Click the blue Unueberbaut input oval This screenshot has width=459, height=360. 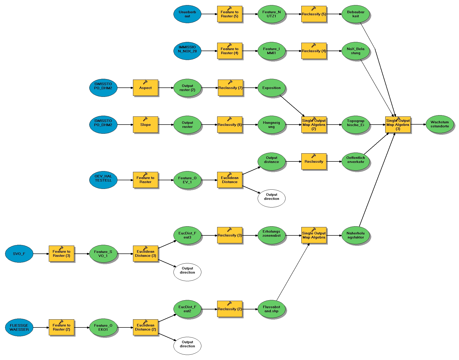coord(187,14)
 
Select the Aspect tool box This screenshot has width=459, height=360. coord(145,88)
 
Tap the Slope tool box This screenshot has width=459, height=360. coord(145,125)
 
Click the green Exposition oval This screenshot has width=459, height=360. coord(271,88)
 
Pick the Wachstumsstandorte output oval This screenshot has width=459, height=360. coord(440,124)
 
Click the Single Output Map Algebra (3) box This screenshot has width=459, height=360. coord(398,125)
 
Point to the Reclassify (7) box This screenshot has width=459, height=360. coord(230,88)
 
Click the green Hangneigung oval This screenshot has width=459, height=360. coord(271,125)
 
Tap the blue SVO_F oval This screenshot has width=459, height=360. coord(19,253)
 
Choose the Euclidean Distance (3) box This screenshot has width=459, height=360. coord(145,253)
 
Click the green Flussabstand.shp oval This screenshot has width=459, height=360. coord(271,309)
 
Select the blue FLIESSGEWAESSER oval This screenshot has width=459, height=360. coord(19,327)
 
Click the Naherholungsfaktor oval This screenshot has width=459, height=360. coord(356,235)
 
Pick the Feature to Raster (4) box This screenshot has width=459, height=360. coord(230,51)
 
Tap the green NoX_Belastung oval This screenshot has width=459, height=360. coord(356,51)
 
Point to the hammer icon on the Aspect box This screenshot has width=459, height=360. coord(145,82)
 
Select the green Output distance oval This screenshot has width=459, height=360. coord(271,161)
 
